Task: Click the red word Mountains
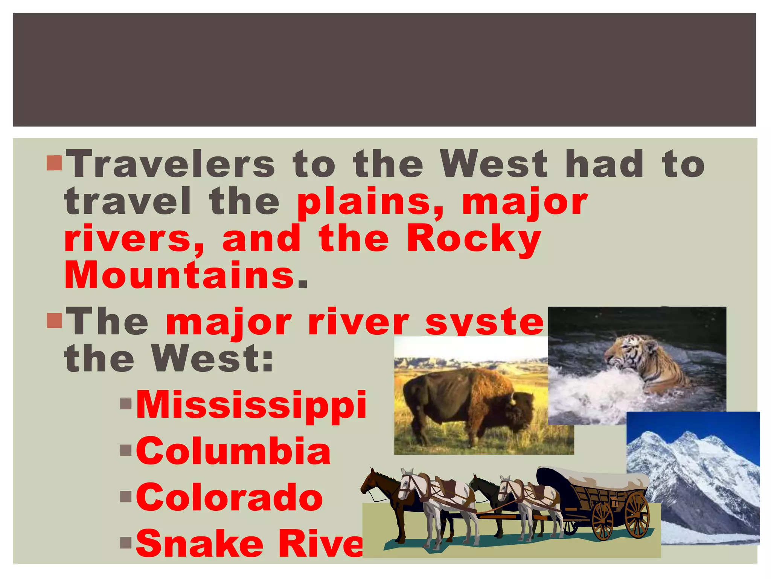click(180, 276)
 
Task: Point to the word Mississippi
click(251, 405)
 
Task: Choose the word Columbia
click(233, 451)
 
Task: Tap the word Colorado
click(229, 498)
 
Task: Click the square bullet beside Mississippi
click(126, 404)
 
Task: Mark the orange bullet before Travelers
click(54, 162)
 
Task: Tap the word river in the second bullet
click(358, 322)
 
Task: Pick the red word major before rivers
click(524, 202)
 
